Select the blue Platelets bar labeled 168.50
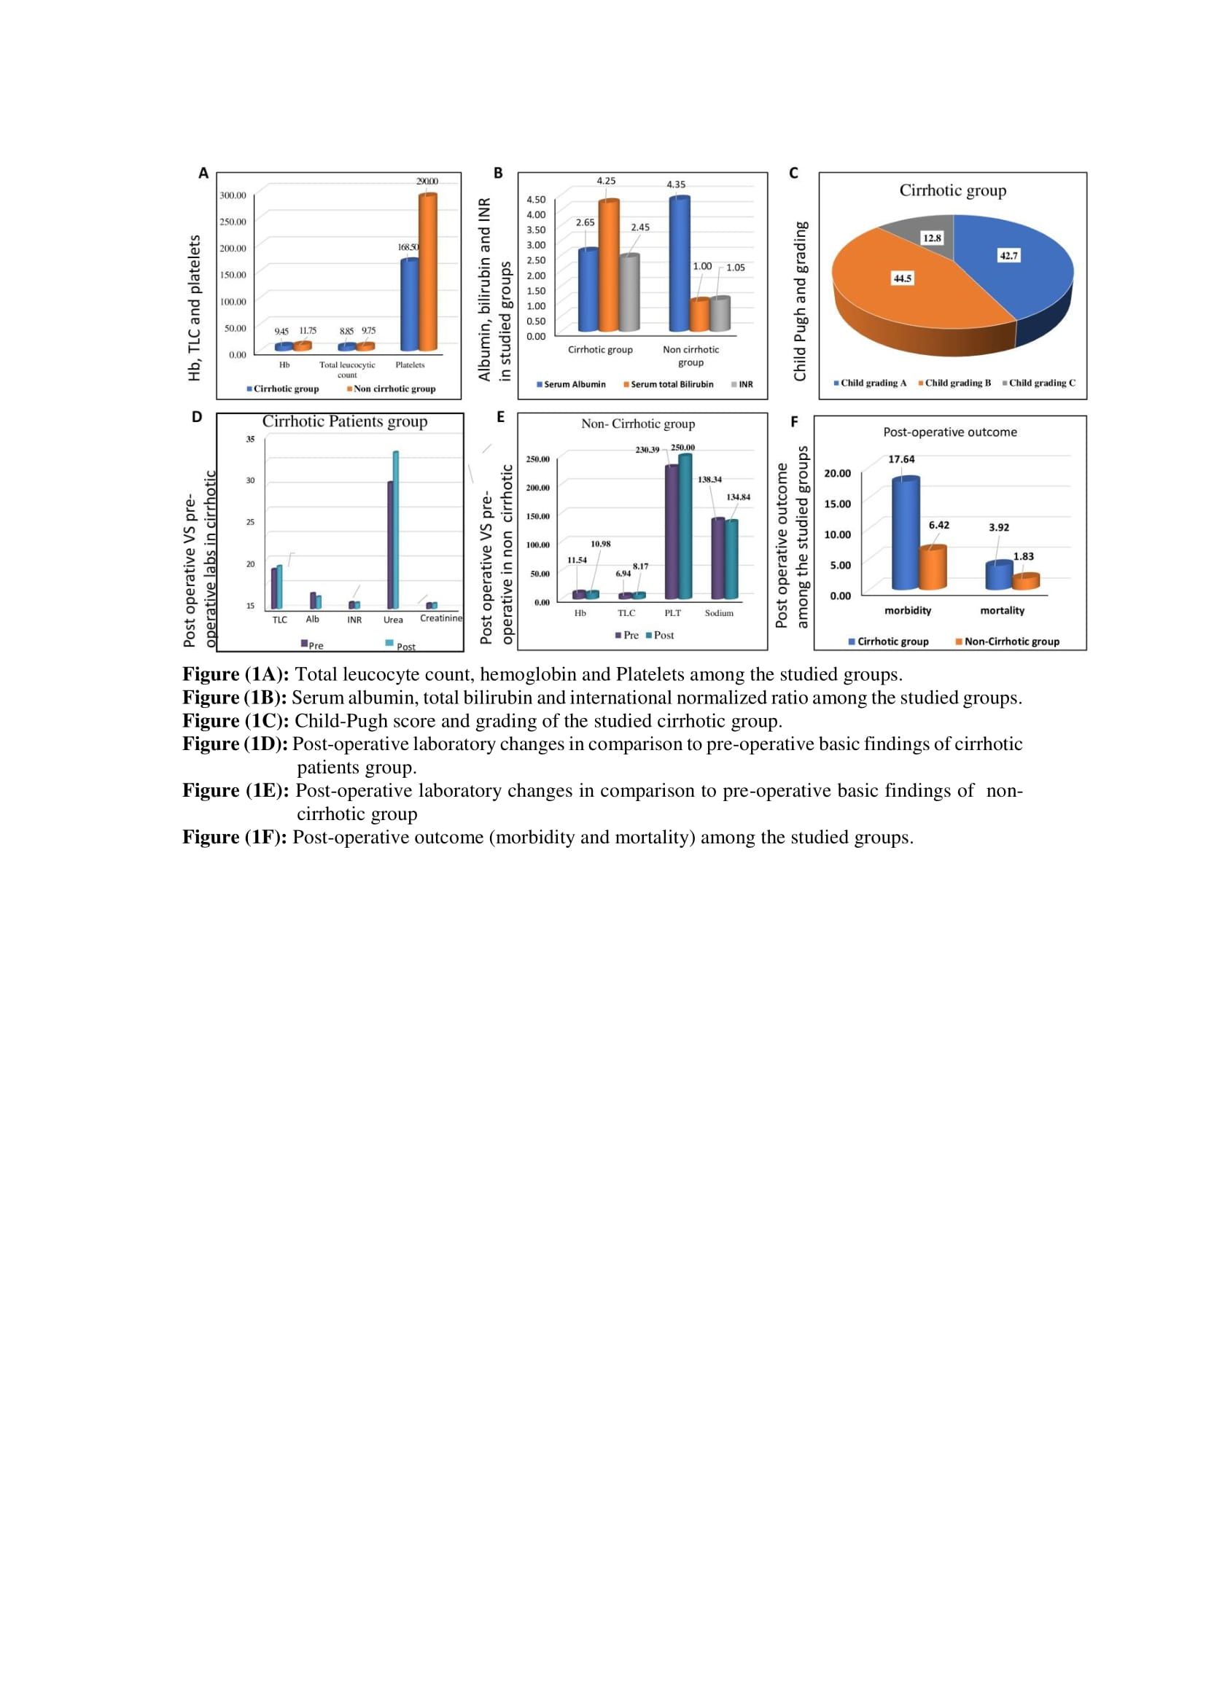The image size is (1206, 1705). [x=409, y=305]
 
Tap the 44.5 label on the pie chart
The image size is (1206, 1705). [x=902, y=278]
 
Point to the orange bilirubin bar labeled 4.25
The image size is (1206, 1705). [x=609, y=266]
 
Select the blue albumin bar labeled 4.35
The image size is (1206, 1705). [x=680, y=265]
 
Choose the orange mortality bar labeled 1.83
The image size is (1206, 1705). [x=1026, y=582]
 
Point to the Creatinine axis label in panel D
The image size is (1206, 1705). [x=440, y=619]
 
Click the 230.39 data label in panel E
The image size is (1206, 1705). [x=647, y=450]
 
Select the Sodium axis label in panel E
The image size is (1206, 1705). [x=719, y=613]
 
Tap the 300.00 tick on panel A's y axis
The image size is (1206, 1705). [x=233, y=195]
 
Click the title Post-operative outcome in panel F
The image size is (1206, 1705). [x=950, y=432]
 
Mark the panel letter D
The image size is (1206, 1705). [x=197, y=418]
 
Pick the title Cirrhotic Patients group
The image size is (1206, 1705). [x=345, y=422]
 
